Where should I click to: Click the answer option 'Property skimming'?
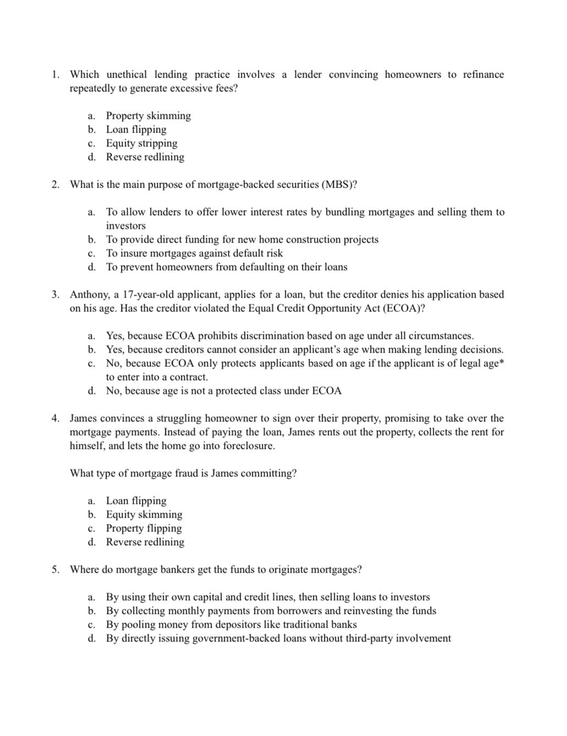[x=148, y=116]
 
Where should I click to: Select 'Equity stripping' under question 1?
[x=141, y=143]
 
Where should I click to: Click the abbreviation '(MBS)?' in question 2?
[x=339, y=184]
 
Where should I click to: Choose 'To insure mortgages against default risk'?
[x=194, y=253]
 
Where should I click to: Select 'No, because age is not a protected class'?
[x=223, y=391]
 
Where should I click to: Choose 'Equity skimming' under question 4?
[x=144, y=514]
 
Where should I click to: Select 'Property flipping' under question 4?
[x=144, y=528]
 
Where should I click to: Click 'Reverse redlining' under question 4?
[x=145, y=542]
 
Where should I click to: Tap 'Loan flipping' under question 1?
[x=136, y=129]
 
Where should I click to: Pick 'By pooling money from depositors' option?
[x=231, y=624]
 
